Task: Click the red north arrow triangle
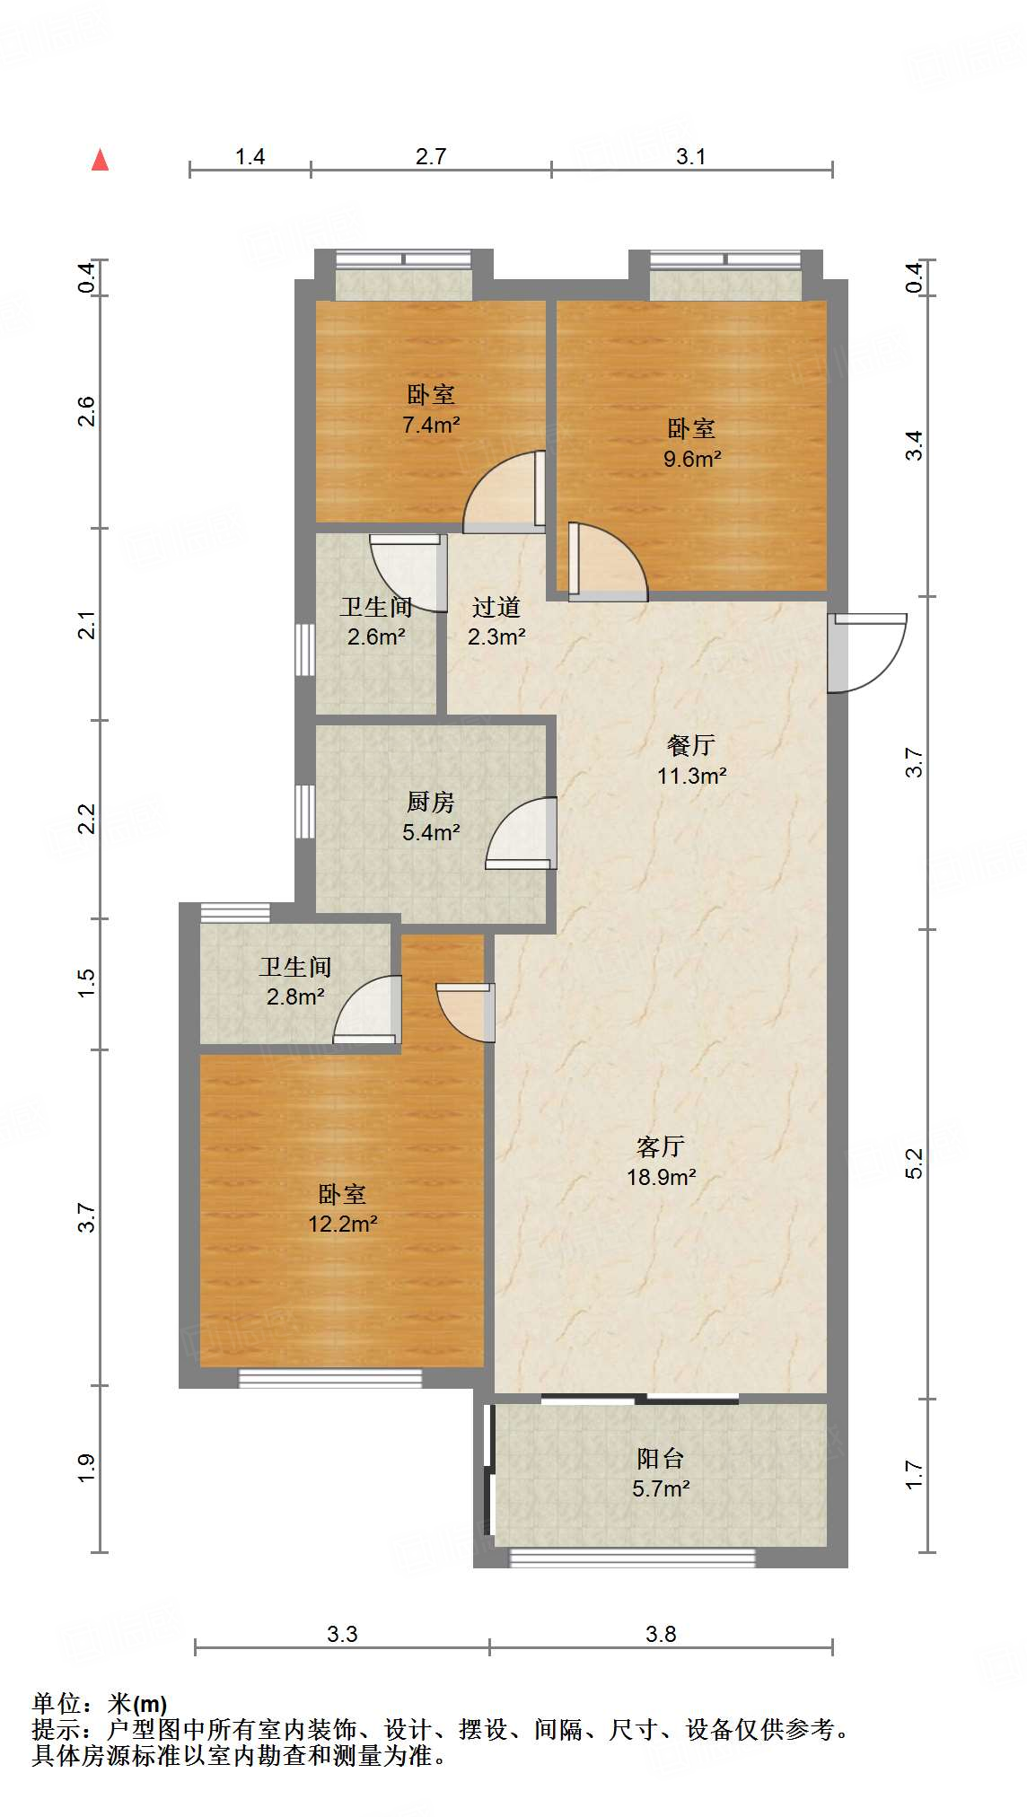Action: [x=101, y=161]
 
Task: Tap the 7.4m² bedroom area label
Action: [x=431, y=425]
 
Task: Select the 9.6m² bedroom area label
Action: [x=692, y=459]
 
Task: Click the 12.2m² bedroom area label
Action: [x=342, y=1224]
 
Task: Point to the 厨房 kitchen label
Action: [x=431, y=802]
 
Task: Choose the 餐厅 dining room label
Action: [x=691, y=745]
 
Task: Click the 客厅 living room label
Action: [x=661, y=1146]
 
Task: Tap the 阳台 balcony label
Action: [x=661, y=1459]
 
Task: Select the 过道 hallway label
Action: [x=496, y=608]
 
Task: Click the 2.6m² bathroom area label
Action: [x=376, y=637]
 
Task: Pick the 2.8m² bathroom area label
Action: [x=295, y=996]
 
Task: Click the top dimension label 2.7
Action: [x=431, y=156]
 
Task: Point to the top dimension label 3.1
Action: [x=690, y=156]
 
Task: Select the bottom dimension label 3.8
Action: [x=661, y=1634]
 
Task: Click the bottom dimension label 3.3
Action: [x=342, y=1634]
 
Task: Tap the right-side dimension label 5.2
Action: [x=914, y=1163]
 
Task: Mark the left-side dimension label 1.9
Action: [x=86, y=1468]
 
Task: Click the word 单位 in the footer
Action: [x=56, y=1703]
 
